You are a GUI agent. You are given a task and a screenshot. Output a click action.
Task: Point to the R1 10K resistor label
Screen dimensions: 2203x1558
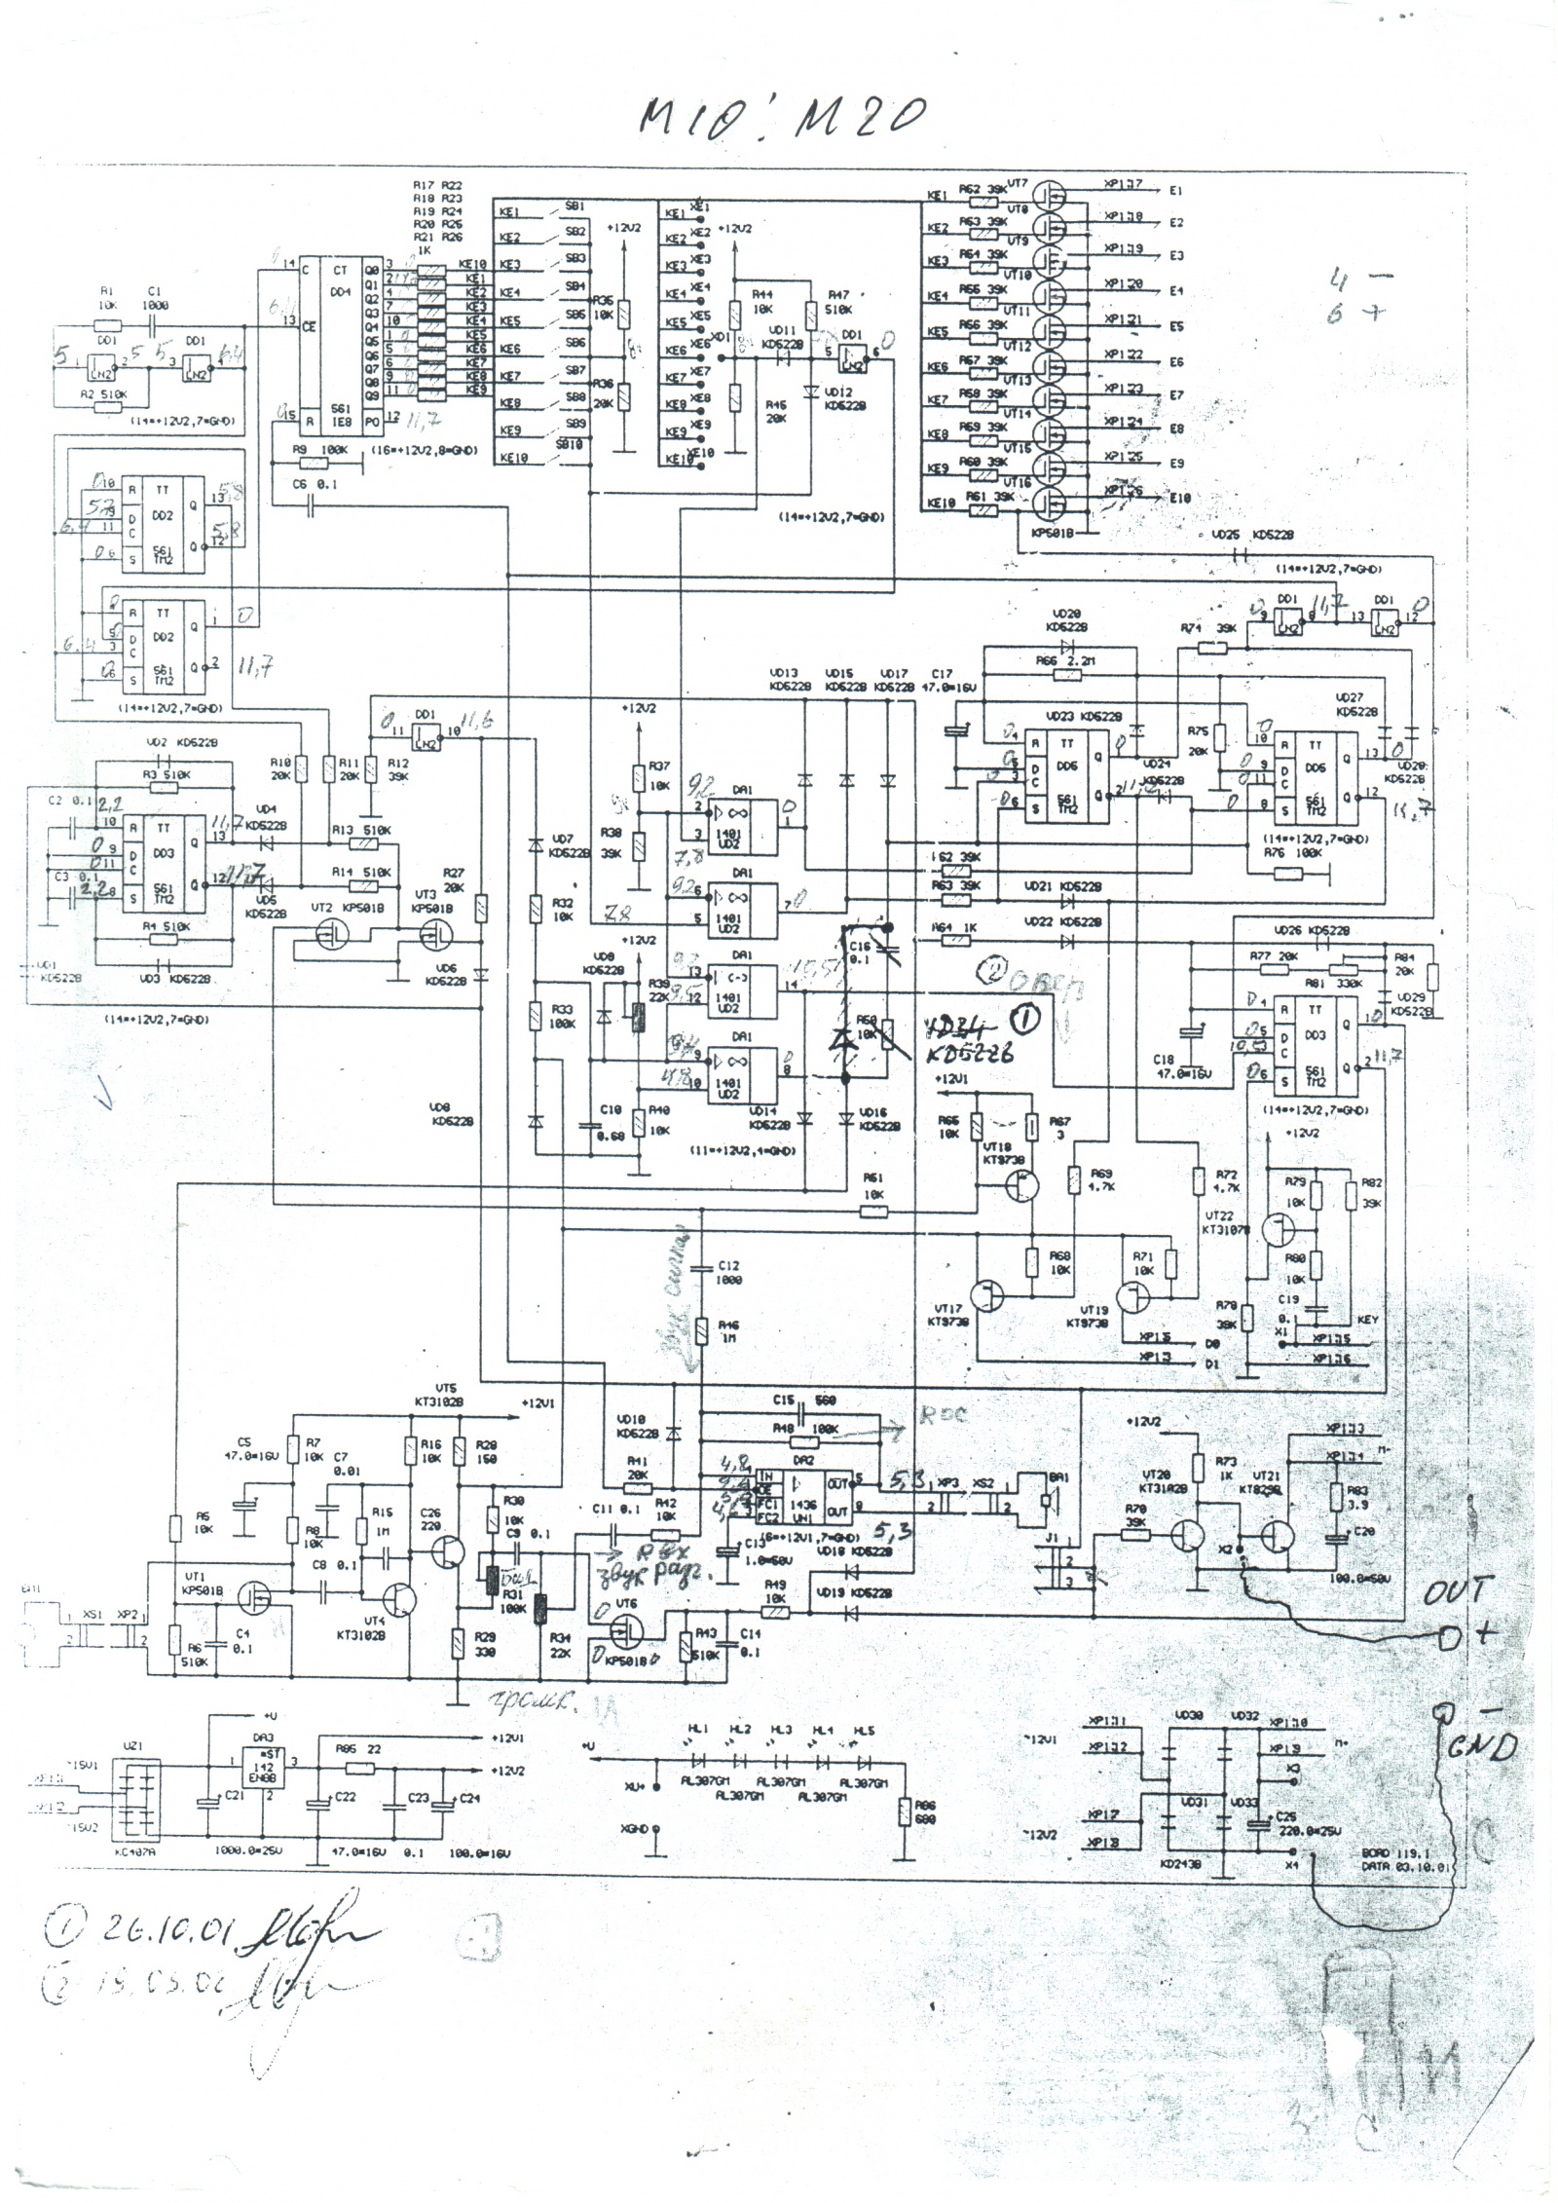tap(107, 297)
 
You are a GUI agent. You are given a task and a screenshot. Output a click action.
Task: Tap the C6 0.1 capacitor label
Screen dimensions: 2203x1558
tap(314, 484)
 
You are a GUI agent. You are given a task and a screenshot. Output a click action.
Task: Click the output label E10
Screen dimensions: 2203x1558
tap(1180, 499)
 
